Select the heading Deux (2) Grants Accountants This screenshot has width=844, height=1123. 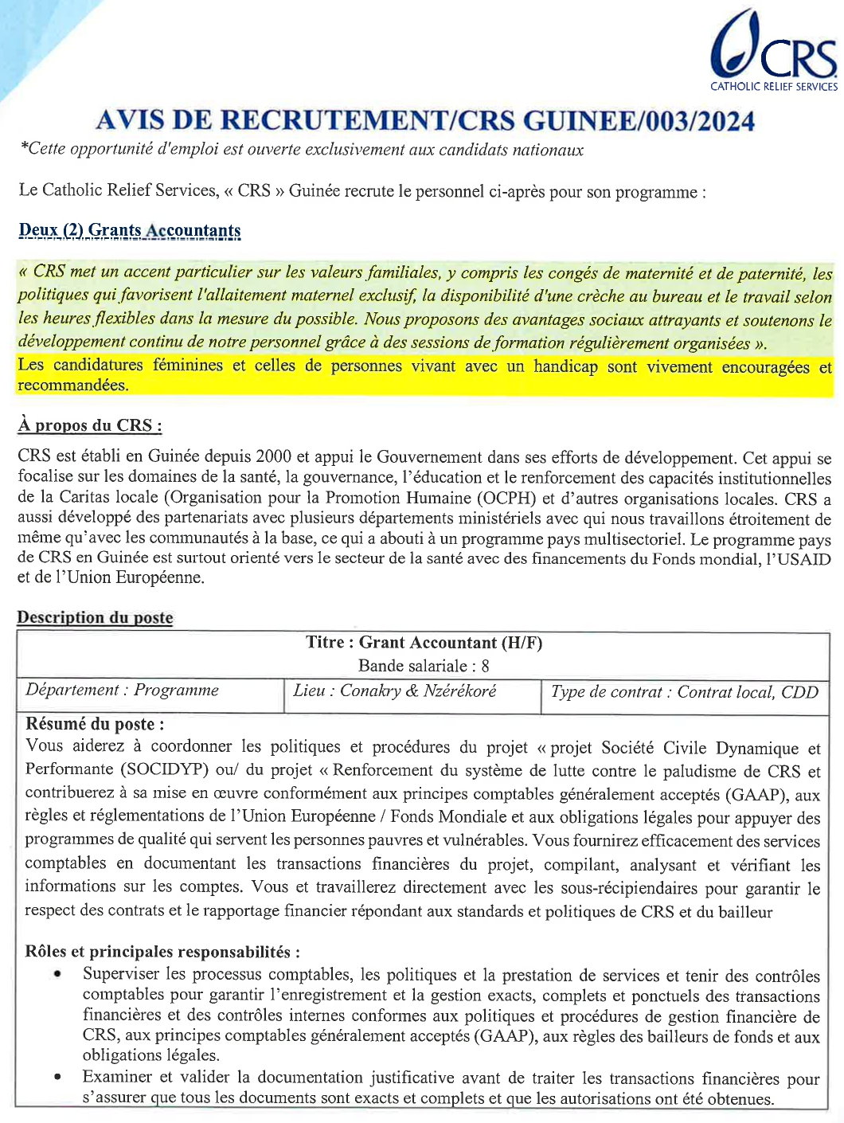tap(129, 230)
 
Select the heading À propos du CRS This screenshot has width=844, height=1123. tap(89, 425)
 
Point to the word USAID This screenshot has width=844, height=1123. tap(801, 558)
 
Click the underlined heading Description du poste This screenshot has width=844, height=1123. tap(95, 617)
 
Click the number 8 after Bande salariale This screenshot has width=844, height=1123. tap(485, 666)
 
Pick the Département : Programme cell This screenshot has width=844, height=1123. tap(122, 691)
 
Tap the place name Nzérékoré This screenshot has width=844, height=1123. tap(459, 691)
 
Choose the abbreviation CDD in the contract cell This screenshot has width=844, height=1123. tap(799, 692)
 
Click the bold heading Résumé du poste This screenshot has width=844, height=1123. tap(95, 724)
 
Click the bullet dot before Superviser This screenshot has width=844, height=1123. tap(57, 974)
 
